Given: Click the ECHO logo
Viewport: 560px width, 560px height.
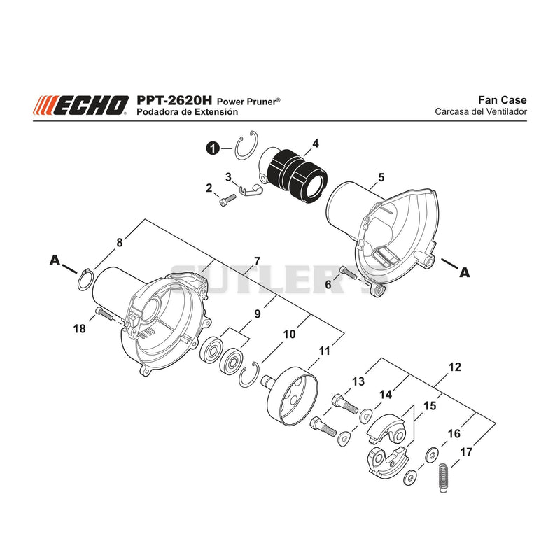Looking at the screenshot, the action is (x=80, y=106).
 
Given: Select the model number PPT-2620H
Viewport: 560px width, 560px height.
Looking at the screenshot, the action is (x=174, y=100).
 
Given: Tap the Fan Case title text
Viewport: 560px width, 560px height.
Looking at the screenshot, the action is (x=502, y=99).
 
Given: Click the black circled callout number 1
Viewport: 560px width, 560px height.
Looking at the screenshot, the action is (x=213, y=148).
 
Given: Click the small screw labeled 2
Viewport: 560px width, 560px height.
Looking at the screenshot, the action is (x=227, y=199).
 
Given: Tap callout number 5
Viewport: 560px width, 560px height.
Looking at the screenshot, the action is (x=381, y=177).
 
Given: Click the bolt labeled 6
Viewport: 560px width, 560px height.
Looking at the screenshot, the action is (x=348, y=272).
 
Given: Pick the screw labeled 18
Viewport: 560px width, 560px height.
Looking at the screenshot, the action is (x=104, y=314).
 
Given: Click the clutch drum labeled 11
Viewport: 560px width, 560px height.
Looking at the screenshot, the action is (x=291, y=397).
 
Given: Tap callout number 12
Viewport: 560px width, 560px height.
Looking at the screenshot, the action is (x=454, y=367).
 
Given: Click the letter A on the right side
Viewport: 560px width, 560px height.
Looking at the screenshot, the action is (x=464, y=272).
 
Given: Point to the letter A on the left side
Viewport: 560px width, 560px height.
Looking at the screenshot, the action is (x=55, y=260).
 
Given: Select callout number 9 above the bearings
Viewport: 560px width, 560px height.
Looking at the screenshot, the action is (x=257, y=314).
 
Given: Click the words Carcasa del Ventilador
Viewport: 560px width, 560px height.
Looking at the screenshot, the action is (x=481, y=112).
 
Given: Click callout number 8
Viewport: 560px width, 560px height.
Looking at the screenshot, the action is (x=120, y=242).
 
